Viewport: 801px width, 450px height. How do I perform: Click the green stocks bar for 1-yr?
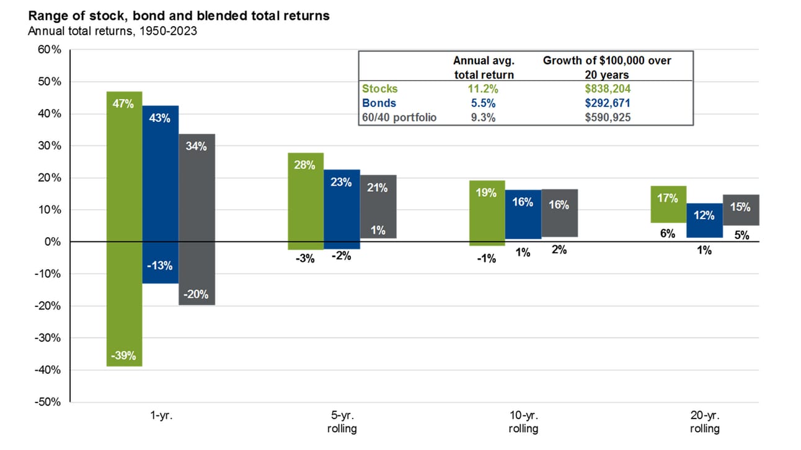124,229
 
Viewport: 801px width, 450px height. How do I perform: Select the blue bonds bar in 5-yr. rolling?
342,209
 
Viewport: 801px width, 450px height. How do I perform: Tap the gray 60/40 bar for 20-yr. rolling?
741,210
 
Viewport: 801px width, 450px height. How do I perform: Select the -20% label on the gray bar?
197,295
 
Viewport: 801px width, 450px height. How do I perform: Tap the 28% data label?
305,165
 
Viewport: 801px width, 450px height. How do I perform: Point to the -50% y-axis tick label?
46,402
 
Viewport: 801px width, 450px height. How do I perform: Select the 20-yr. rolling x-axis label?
704,422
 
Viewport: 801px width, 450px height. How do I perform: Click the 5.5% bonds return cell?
484,103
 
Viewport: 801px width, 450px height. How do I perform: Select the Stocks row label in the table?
380,89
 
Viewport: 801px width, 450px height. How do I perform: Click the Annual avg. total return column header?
484,67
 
